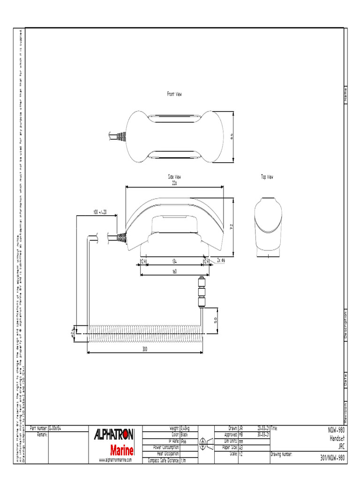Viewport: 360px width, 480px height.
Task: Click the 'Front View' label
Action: [x=174, y=94]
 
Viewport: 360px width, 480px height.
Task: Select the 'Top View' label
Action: [x=267, y=177]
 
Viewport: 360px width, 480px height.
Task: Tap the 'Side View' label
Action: [x=174, y=177]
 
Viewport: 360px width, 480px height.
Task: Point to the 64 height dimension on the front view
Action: [x=231, y=136]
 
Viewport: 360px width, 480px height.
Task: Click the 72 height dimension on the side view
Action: [x=231, y=226]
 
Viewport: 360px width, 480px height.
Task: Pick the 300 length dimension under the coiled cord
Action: [x=145, y=349]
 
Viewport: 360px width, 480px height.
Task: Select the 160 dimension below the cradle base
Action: [x=174, y=271]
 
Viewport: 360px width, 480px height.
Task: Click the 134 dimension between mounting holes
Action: [x=174, y=261]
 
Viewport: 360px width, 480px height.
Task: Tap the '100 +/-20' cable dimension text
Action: [x=99, y=212]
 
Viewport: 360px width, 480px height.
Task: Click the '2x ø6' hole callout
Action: [x=221, y=260]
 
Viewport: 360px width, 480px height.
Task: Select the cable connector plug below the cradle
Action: [x=201, y=291]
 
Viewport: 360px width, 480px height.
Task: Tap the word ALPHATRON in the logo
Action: [x=114, y=435]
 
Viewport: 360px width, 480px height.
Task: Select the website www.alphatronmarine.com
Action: [x=115, y=460]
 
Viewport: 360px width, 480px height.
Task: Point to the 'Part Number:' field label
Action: [x=38, y=428]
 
